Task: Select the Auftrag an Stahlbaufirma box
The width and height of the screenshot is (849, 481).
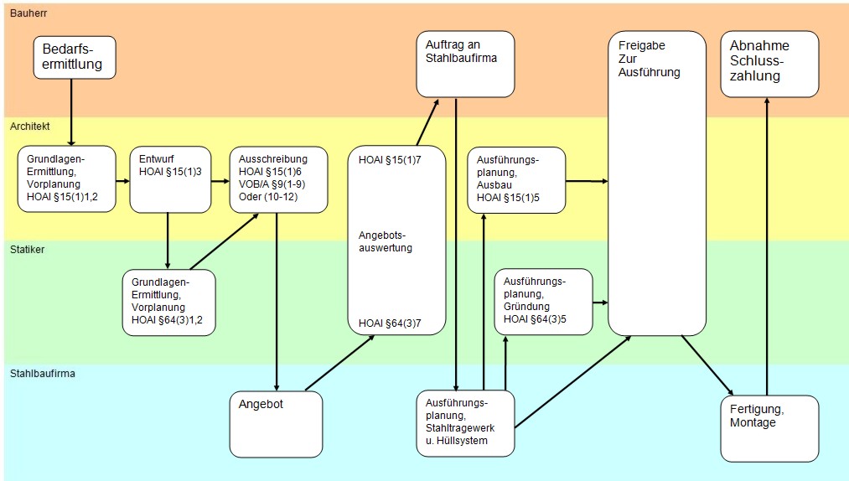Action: [x=465, y=64]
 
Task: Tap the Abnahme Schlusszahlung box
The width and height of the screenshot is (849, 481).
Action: [x=769, y=64]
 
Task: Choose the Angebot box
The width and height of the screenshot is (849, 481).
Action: [x=276, y=423]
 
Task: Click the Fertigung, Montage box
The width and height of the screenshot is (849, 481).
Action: [x=769, y=428]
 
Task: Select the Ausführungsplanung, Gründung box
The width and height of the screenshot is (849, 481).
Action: [x=543, y=301]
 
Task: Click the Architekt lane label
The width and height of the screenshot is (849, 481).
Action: [x=30, y=126]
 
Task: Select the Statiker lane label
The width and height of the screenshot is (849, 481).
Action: [x=28, y=249]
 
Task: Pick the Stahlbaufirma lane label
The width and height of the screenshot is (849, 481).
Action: [x=43, y=373]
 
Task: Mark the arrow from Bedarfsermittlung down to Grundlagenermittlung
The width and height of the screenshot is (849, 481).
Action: [x=72, y=112]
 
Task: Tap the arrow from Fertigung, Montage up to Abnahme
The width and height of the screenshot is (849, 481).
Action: [x=766, y=243]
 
